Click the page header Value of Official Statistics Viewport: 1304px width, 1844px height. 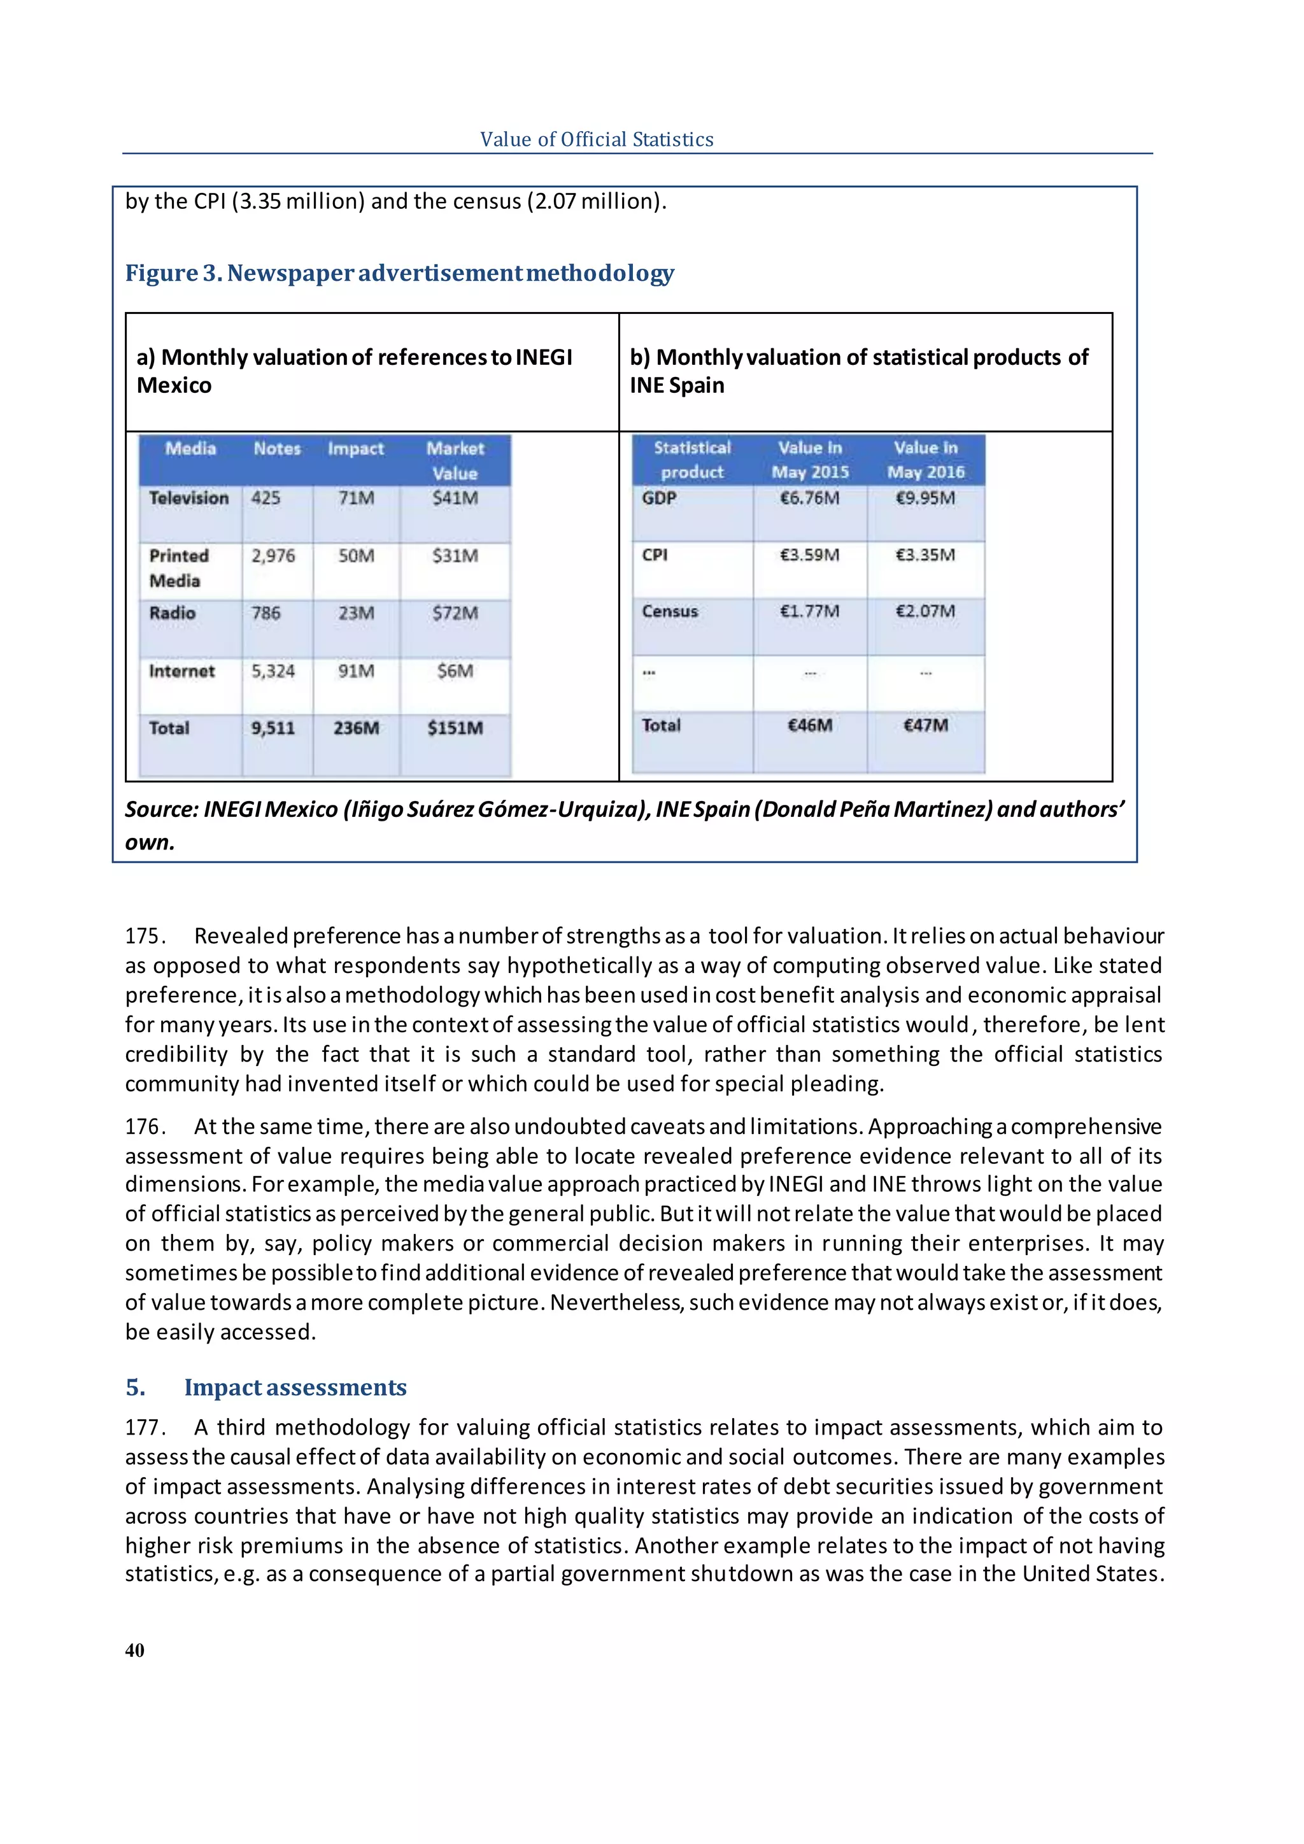click(x=597, y=139)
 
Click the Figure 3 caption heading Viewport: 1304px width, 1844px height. click(x=399, y=273)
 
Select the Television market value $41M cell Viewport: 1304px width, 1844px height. click(x=455, y=498)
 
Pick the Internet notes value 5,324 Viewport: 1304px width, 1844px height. click(x=273, y=670)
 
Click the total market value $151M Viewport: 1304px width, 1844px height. click(x=455, y=728)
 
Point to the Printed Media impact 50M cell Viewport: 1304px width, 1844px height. click(x=356, y=556)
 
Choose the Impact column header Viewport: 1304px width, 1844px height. click(x=356, y=449)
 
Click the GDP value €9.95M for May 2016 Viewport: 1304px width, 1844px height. click(x=925, y=498)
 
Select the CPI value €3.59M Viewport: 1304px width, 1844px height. click(x=809, y=555)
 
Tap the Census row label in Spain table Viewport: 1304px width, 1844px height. click(x=670, y=611)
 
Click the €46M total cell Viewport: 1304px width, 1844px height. click(x=809, y=725)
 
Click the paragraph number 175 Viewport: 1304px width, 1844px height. click(x=145, y=937)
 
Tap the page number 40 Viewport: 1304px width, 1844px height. click(x=135, y=1650)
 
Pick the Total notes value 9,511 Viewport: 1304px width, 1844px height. click(x=273, y=728)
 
